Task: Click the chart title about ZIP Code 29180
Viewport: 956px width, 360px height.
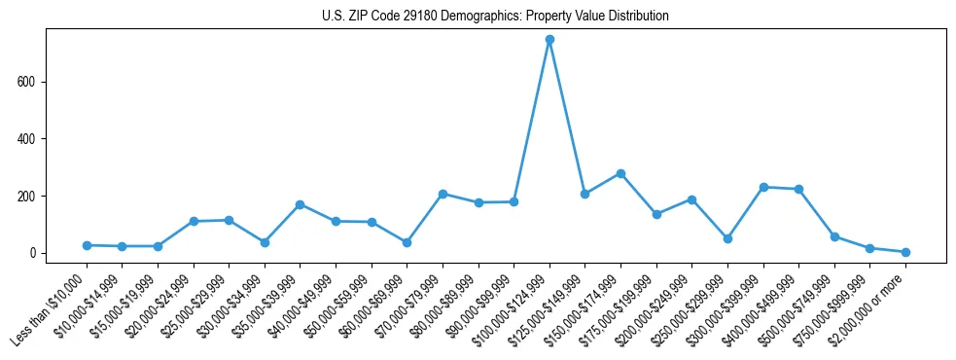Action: click(x=495, y=17)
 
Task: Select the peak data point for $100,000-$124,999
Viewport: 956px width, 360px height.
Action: click(x=549, y=40)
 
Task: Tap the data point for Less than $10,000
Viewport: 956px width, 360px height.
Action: click(x=87, y=245)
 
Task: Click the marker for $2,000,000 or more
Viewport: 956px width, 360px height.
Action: click(x=905, y=252)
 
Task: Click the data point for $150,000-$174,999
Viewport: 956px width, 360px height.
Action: click(x=620, y=173)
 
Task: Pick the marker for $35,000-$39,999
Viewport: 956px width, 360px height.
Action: click(x=301, y=204)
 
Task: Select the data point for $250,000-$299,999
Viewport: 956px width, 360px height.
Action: click(x=727, y=238)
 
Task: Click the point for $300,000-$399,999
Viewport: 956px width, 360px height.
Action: click(x=763, y=187)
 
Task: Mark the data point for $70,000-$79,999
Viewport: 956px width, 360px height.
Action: click(x=443, y=194)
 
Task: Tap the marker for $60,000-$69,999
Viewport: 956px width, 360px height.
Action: click(x=407, y=242)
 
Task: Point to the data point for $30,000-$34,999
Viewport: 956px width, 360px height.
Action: click(x=265, y=242)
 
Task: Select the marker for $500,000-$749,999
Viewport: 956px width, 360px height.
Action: click(x=834, y=236)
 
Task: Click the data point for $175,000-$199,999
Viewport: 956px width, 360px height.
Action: click(x=656, y=214)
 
